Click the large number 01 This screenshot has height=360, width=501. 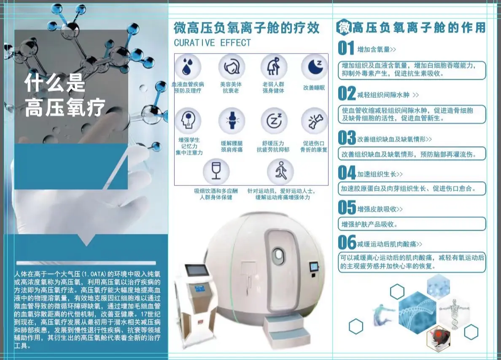(346, 48)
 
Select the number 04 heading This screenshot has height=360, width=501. (347, 173)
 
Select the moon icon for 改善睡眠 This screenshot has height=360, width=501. (314, 67)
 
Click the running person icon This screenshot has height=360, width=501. (280, 171)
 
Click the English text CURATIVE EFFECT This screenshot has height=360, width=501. (212, 43)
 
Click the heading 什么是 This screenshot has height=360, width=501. (55, 83)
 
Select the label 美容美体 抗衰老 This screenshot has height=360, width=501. (231, 88)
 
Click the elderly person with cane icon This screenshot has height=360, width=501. (273, 67)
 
